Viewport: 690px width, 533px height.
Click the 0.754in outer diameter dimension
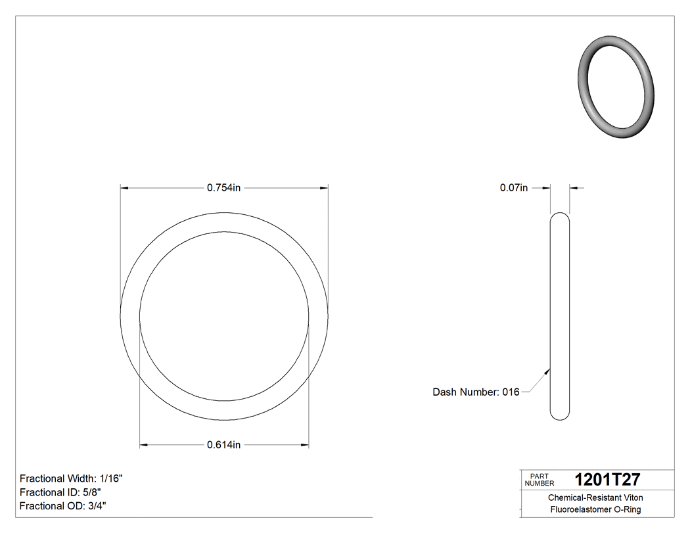[224, 188]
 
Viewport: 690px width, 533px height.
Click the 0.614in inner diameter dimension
[223, 445]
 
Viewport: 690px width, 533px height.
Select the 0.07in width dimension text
[513, 188]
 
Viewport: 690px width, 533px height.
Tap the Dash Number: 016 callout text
[476, 392]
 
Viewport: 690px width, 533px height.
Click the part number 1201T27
[607, 480]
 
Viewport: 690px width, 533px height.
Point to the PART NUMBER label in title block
[540, 480]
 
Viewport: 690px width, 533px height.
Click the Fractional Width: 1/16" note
[71, 478]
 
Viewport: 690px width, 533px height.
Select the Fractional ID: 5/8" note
[60, 492]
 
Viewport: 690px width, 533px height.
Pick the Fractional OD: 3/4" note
[63, 505]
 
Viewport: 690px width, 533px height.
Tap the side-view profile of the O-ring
[560, 315]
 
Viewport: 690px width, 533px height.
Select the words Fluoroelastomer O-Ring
[595, 510]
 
